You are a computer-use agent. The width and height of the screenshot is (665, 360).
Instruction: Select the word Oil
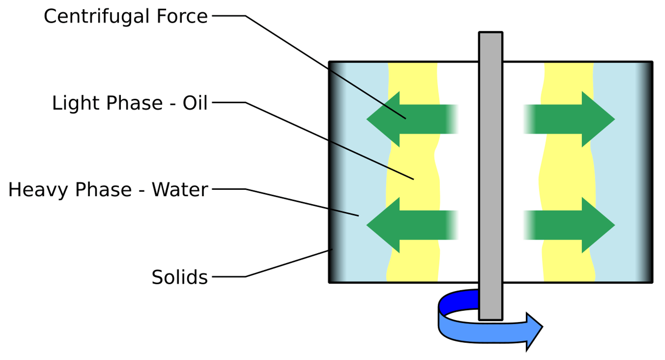click(x=195, y=103)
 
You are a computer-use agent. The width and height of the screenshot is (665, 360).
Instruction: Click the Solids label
click(x=179, y=277)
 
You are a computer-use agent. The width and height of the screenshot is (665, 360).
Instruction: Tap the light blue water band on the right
click(x=621, y=171)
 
